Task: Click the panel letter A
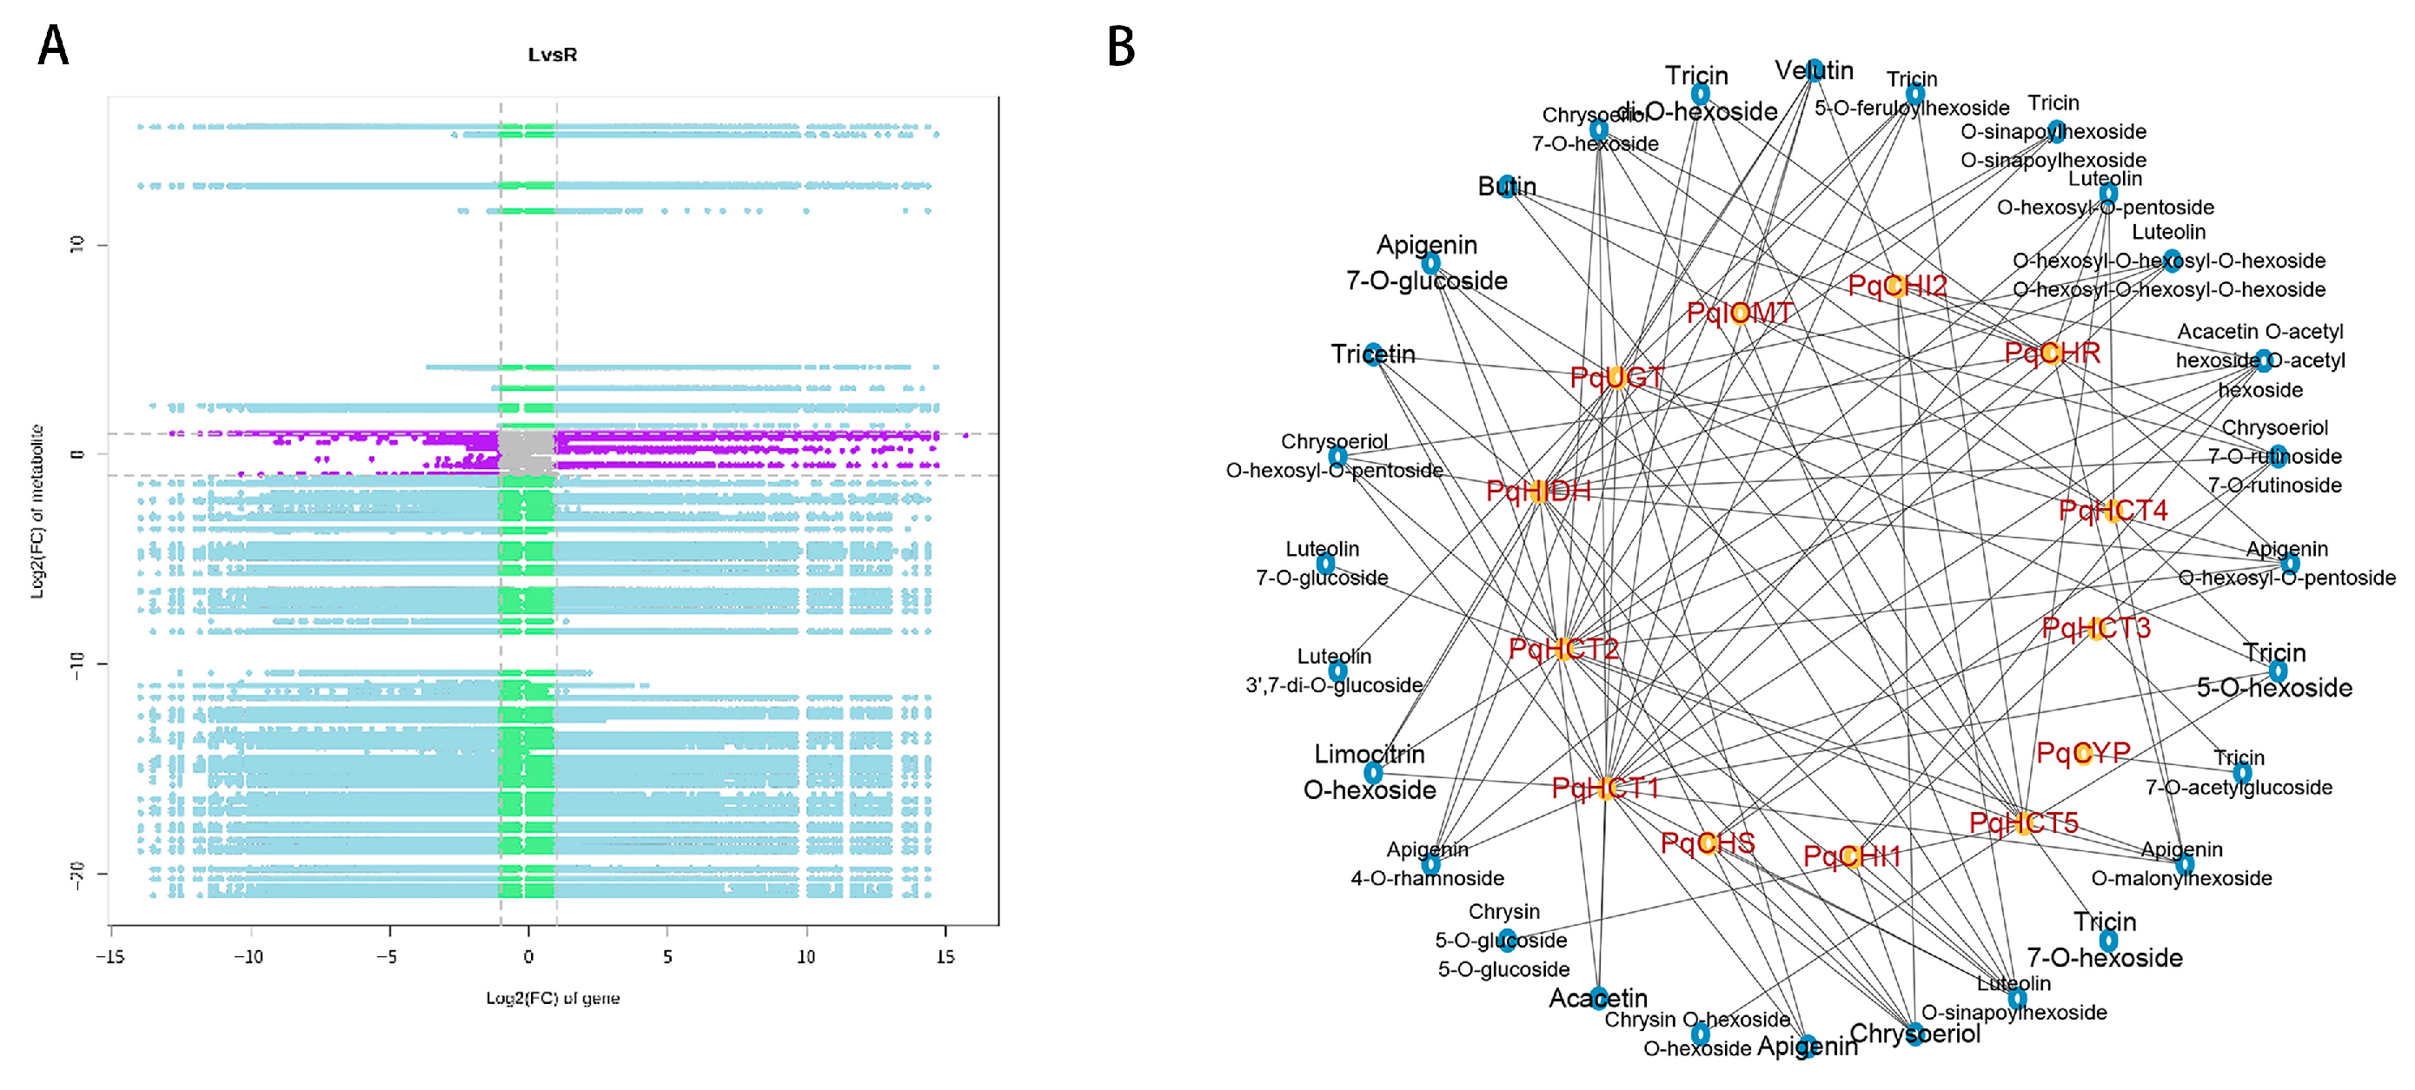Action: pyautogui.click(x=53, y=45)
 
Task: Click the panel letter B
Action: pyautogui.click(x=1121, y=45)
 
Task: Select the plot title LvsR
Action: pyautogui.click(x=552, y=56)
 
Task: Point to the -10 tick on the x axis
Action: pyautogui.click(x=249, y=956)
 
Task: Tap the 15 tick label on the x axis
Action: pyautogui.click(x=945, y=956)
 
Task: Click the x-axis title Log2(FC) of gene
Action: pyautogui.click(x=552, y=998)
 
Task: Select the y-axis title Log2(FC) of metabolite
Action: pyautogui.click(x=37, y=512)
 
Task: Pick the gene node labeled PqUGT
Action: pyautogui.click(x=1616, y=378)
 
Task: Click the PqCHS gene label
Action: pyautogui.click(x=1708, y=843)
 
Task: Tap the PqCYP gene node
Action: pyautogui.click(x=2083, y=754)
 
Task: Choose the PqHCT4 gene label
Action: pyautogui.click(x=2113, y=511)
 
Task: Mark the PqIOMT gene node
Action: pyautogui.click(x=1740, y=313)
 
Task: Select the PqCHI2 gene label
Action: pyautogui.click(x=1896, y=286)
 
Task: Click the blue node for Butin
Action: pyautogui.click(x=1507, y=187)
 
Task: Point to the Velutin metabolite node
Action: pyautogui.click(x=1814, y=70)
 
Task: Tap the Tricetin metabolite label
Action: pyautogui.click(x=1373, y=354)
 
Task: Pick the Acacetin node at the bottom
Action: pyautogui.click(x=1598, y=998)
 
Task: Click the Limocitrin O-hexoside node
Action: pyautogui.click(x=1373, y=773)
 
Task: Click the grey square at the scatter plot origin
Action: pyautogui.click(x=526, y=453)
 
